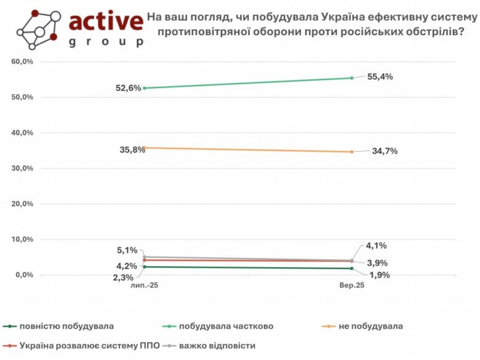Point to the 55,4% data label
click(380, 77)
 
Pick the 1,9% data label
click(378, 275)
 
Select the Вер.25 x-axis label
click(352, 286)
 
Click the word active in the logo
click(105, 22)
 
